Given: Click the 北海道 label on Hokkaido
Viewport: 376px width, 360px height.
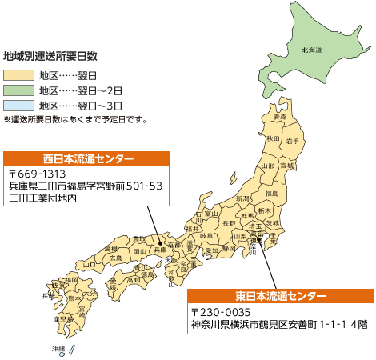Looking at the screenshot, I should click(312, 50).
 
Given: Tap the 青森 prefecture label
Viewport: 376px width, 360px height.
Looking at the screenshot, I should click(279, 118).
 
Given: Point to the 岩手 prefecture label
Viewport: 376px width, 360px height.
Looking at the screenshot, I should click(293, 141).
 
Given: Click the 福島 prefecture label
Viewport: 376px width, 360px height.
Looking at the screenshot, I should click(271, 194).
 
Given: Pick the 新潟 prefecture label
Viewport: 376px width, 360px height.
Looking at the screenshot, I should click(242, 198).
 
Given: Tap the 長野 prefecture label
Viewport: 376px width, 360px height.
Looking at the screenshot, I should click(229, 223).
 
